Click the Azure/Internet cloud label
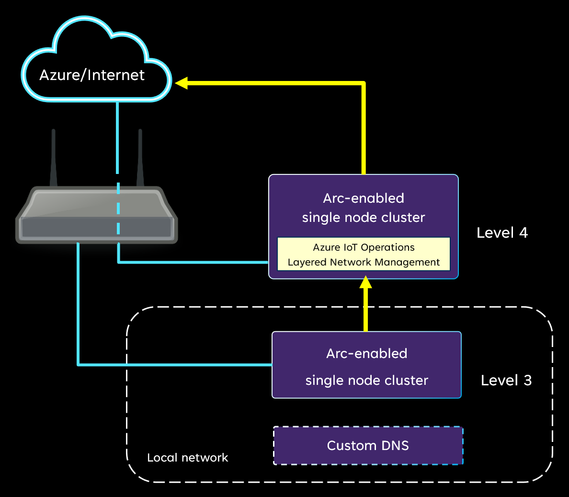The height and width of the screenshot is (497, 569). point(92,75)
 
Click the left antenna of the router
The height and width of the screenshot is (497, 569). point(54,158)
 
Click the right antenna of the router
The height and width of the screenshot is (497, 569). point(140,158)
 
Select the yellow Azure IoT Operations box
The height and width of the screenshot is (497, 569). point(364,254)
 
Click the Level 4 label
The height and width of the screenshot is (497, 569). point(502,233)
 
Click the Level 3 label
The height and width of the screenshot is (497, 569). point(506,381)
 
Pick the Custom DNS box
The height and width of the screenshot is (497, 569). point(368,446)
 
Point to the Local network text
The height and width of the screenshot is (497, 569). point(187,458)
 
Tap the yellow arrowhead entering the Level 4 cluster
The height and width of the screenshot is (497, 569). point(365,282)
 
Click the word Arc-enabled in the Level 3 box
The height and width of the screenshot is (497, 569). point(366,354)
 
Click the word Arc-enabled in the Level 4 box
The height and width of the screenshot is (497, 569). point(364,198)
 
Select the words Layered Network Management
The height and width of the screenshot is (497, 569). point(364,262)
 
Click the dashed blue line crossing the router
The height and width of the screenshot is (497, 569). point(118,211)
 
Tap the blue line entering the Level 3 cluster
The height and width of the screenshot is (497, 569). point(192,365)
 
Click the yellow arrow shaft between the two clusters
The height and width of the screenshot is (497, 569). point(365,312)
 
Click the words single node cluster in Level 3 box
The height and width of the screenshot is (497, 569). point(366,381)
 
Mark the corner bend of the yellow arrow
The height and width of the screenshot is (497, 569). point(363,84)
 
